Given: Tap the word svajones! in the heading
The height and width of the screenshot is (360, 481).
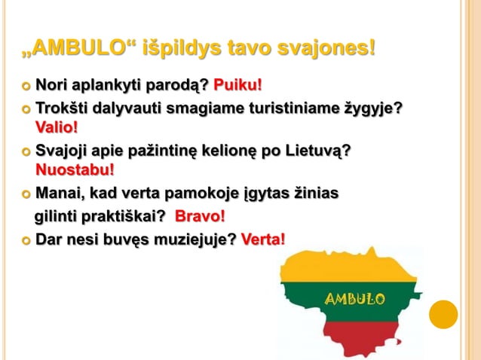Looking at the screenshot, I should click(324, 50).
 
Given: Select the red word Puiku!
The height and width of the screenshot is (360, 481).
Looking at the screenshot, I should click(238, 82).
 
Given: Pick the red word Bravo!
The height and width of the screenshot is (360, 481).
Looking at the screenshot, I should click(200, 217).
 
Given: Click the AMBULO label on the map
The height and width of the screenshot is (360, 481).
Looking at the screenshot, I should click(354, 300).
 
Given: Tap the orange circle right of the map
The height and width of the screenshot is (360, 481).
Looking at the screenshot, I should click(443, 315).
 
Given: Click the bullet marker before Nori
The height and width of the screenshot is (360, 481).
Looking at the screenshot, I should click(26, 83).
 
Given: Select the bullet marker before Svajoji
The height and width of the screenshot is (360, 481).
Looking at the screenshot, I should click(26, 151).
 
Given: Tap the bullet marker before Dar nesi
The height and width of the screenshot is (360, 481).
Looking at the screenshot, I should click(26, 240).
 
